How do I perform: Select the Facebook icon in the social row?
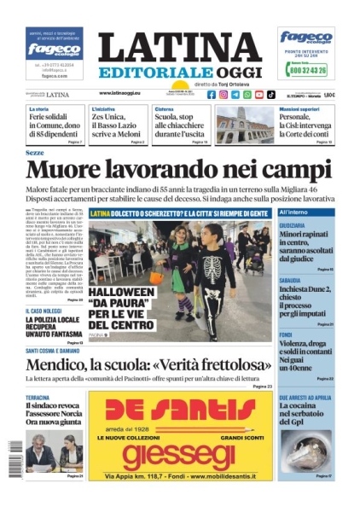[212, 95]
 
